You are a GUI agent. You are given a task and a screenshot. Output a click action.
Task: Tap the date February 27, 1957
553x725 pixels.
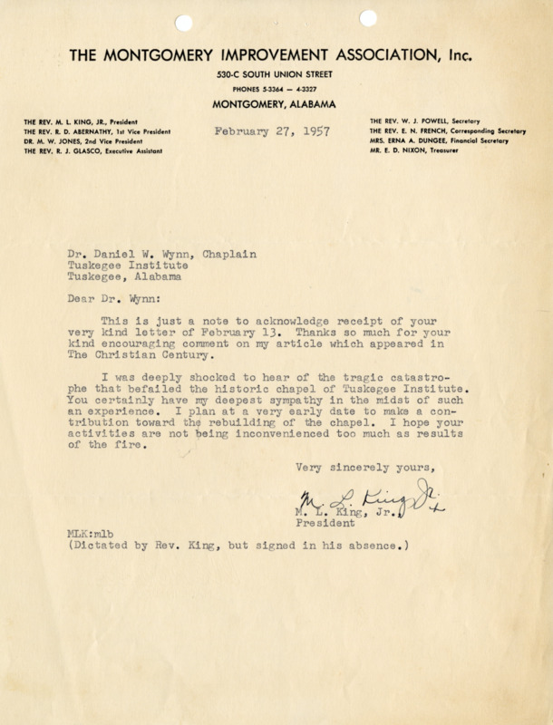(x=272, y=130)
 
